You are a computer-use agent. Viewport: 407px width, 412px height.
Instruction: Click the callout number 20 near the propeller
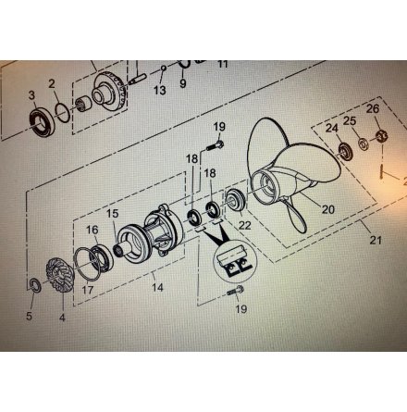tap(328, 209)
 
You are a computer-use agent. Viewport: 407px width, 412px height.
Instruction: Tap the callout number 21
tap(376, 240)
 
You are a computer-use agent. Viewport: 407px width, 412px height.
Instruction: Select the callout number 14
tap(157, 287)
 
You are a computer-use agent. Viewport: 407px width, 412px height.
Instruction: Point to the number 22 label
tap(245, 225)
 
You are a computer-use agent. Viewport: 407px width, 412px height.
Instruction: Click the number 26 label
tap(373, 108)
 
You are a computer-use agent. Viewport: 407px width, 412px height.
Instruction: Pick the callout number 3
tap(31, 95)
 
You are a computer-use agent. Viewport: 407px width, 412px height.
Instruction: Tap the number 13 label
tap(160, 90)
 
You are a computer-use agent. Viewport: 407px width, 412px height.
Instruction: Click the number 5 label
tap(29, 316)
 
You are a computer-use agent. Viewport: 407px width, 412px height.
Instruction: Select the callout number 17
tap(88, 290)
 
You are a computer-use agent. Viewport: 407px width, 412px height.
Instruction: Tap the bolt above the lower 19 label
tap(236, 291)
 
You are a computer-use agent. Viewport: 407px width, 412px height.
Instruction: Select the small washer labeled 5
tap(34, 284)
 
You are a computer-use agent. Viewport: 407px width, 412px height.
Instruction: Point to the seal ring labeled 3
tap(42, 121)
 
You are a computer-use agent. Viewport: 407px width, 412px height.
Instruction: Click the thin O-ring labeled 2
tap(64, 113)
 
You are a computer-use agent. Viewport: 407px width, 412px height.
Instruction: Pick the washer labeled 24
tap(344, 152)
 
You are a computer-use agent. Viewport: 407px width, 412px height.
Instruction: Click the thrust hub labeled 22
tap(236, 200)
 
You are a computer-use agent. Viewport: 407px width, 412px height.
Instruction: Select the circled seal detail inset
tap(235, 260)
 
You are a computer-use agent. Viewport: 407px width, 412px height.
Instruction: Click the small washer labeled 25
tap(364, 144)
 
